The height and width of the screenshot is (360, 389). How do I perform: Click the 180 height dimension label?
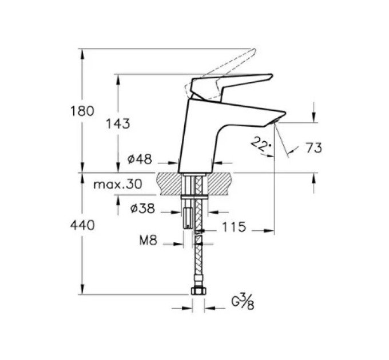pos(82,111)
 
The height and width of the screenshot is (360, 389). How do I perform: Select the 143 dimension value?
pos(118,123)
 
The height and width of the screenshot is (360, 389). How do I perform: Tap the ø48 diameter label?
pos(140,159)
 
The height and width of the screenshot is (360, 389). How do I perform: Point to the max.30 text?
pos(118,184)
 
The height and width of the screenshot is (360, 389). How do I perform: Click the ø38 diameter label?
pos(142,209)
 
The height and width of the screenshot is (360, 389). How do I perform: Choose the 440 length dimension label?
pos(82,226)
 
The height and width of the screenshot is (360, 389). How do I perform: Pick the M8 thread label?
pos(148,240)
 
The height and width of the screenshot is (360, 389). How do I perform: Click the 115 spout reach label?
pos(234,227)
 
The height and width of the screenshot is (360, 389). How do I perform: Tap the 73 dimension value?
pos(313,148)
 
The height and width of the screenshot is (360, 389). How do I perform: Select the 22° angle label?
pos(261,145)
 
